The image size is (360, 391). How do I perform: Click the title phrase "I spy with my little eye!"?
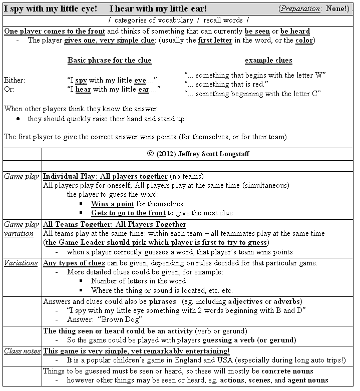tap(51, 9)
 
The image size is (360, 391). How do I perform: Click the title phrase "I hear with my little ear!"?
tap(158, 9)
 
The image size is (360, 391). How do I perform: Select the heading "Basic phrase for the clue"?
tap(109, 60)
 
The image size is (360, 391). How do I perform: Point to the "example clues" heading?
tap(268, 60)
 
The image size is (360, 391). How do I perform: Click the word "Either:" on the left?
tap(14, 80)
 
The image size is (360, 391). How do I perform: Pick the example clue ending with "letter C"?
tap(252, 94)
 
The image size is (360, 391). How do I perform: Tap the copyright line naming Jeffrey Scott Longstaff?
tap(198, 154)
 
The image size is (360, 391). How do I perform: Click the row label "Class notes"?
tap(22, 351)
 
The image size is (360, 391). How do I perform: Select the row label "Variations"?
tap(21, 263)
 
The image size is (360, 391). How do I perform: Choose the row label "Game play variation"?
tap(22, 229)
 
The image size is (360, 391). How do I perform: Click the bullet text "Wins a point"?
tap(112, 204)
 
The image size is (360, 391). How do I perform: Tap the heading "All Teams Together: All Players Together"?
tap(114, 224)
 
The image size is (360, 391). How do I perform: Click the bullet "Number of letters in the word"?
tap(138, 281)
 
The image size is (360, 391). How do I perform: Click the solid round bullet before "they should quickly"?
tap(18, 119)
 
